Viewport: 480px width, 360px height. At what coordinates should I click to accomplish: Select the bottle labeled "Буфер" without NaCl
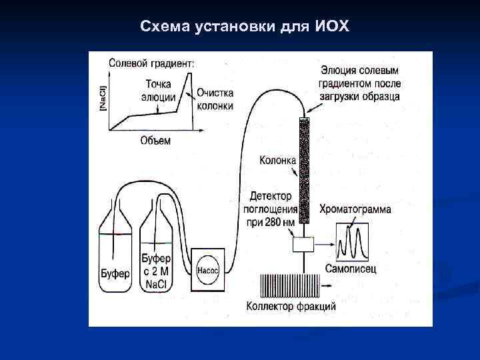coord(115,253)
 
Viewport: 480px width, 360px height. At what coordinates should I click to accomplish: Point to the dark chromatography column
coord(304,170)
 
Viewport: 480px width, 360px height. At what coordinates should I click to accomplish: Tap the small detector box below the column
coord(303,245)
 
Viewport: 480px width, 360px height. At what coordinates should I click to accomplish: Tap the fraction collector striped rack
coord(288,285)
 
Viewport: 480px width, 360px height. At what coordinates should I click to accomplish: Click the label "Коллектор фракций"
coord(291,307)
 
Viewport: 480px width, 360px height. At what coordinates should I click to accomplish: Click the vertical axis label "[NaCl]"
coord(102,99)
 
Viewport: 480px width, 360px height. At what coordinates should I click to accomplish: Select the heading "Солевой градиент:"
coord(151,63)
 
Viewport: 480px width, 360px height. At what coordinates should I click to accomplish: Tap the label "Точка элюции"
coord(157,90)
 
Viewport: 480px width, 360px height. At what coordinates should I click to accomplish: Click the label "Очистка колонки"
coord(214,99)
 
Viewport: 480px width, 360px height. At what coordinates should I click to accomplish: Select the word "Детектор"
coord(271,197)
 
